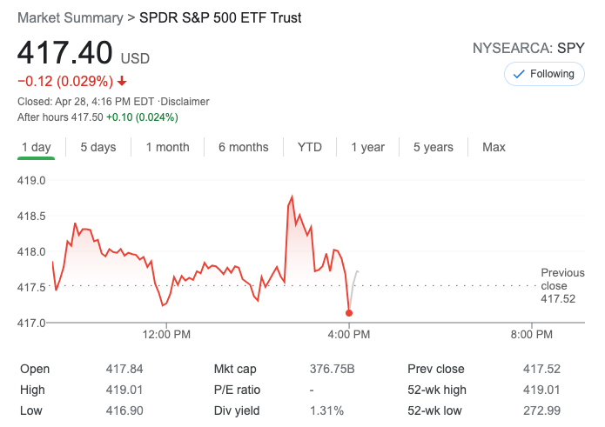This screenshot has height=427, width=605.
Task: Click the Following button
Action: [544, 74]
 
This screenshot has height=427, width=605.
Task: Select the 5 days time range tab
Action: [98, 147]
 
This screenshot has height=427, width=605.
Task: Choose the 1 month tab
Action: [167, 147]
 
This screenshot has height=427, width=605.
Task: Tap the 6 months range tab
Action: [244, 147]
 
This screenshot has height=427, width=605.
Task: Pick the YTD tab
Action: [310, 147]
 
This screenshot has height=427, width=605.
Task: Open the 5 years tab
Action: [434, 147]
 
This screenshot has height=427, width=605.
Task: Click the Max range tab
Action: [494, 147]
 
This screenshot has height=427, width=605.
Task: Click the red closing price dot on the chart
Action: [349, 313]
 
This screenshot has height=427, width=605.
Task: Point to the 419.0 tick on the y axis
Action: [31, 181]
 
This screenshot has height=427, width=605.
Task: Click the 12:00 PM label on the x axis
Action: [166, 334]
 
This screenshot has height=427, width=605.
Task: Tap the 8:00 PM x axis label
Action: [531, 334]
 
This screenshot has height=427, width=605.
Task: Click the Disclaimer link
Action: [185, 102]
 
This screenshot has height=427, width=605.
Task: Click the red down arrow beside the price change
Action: [122, 82]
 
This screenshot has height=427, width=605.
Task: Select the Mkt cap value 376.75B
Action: [333, 369]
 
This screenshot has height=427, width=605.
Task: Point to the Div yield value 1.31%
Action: [326, 410]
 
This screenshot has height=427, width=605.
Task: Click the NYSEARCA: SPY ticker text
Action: [528, 48]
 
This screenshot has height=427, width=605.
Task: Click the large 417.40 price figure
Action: [65, 53]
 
